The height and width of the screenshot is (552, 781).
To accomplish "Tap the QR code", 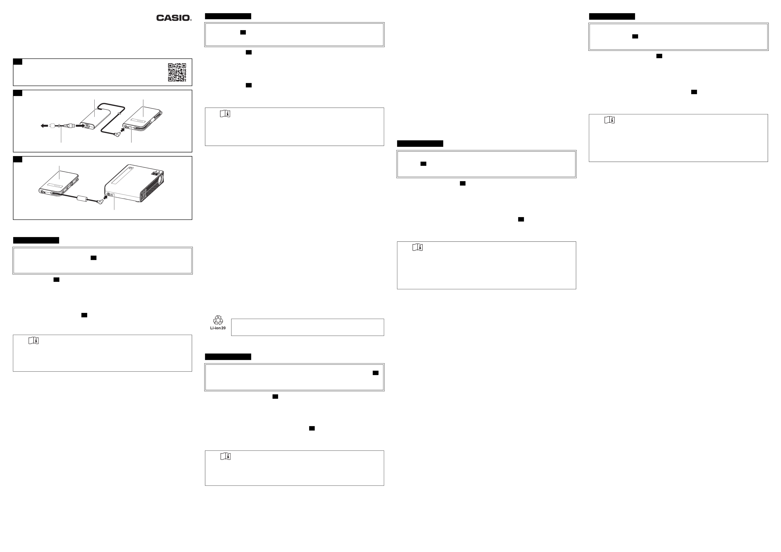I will tap(177, 72).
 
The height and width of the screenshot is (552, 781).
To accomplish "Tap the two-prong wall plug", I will tap(52, 126).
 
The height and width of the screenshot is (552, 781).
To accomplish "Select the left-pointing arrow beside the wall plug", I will tap(44, 126).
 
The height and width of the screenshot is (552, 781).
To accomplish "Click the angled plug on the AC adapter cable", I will tap(117, 134).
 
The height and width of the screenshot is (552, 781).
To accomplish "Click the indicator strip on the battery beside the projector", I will tap(55, 186).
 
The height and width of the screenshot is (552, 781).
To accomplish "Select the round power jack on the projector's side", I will tap(109, 195).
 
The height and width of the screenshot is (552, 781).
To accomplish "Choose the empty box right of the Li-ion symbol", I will tap(307, 327).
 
